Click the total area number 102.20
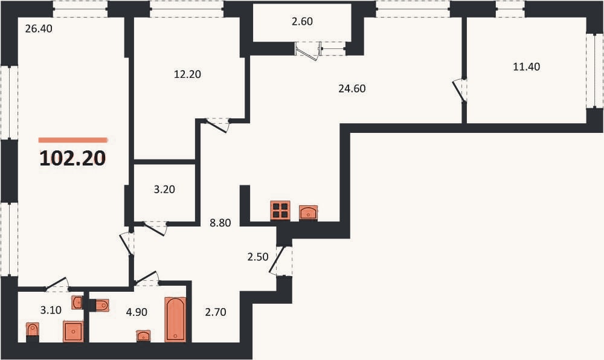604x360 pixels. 72,158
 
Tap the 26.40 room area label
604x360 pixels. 39,28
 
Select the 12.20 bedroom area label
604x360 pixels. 187,74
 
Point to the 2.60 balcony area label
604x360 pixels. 302,22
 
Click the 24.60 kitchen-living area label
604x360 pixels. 352,89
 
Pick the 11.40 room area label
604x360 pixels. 527,66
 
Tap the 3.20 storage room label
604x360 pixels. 164,190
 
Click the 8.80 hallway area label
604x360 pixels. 220,222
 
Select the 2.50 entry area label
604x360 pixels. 258,257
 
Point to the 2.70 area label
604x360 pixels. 216,312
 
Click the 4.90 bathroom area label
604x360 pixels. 137,312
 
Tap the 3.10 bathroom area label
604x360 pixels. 51,309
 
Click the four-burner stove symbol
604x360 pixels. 280,211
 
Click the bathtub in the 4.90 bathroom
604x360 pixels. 175,319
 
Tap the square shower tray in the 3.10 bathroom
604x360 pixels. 73,332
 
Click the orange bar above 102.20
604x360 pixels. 72,140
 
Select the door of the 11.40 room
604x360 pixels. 459,91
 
